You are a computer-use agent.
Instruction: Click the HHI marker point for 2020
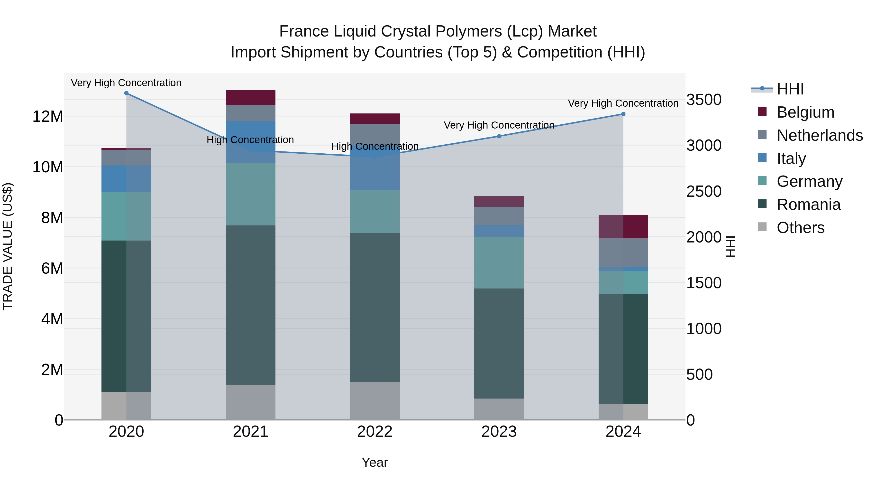click(126, 93)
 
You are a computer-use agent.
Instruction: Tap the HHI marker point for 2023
click(499, 136)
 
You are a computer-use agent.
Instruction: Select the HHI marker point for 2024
click(623, 114)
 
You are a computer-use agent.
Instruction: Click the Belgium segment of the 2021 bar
click(251, 98)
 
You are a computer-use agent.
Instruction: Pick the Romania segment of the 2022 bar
click(375, 307)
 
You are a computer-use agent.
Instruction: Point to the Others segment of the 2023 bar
click(499, 409)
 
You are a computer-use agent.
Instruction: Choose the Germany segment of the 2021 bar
click(251, 194)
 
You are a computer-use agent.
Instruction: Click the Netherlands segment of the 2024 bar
click(623, 252)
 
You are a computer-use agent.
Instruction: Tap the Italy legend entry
click(791, 158)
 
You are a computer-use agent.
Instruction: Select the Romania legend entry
click(808, 205)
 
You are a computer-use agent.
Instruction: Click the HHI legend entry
click(790, 89)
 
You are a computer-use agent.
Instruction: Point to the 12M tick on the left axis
click(48, 117)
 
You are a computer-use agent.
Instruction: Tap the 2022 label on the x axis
click(375, 432)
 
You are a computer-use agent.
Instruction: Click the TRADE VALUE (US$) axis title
click(8, 246)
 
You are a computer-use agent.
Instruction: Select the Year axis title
click(375, 462)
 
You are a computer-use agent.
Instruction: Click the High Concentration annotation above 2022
click(375, 146)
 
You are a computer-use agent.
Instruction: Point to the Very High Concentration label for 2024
click(623, 103)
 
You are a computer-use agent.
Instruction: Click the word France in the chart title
click(304, 31)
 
